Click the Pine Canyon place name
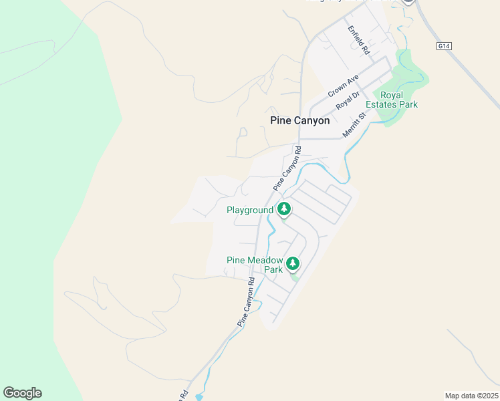point(299,121)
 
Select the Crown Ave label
point(344,86)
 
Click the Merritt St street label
point(355,124)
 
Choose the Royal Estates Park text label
point(399,100)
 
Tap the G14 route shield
point(443,45)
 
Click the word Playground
point(250,210)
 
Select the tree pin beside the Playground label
point(284,209)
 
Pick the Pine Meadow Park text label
point(255,265)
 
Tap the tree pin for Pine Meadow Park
point(292,263)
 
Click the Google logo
point(22,393)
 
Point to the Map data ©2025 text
point(471,396)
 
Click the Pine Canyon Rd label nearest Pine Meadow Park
point(246,302)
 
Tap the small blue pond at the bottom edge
point(199,397)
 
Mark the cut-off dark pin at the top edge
point(408,2)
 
